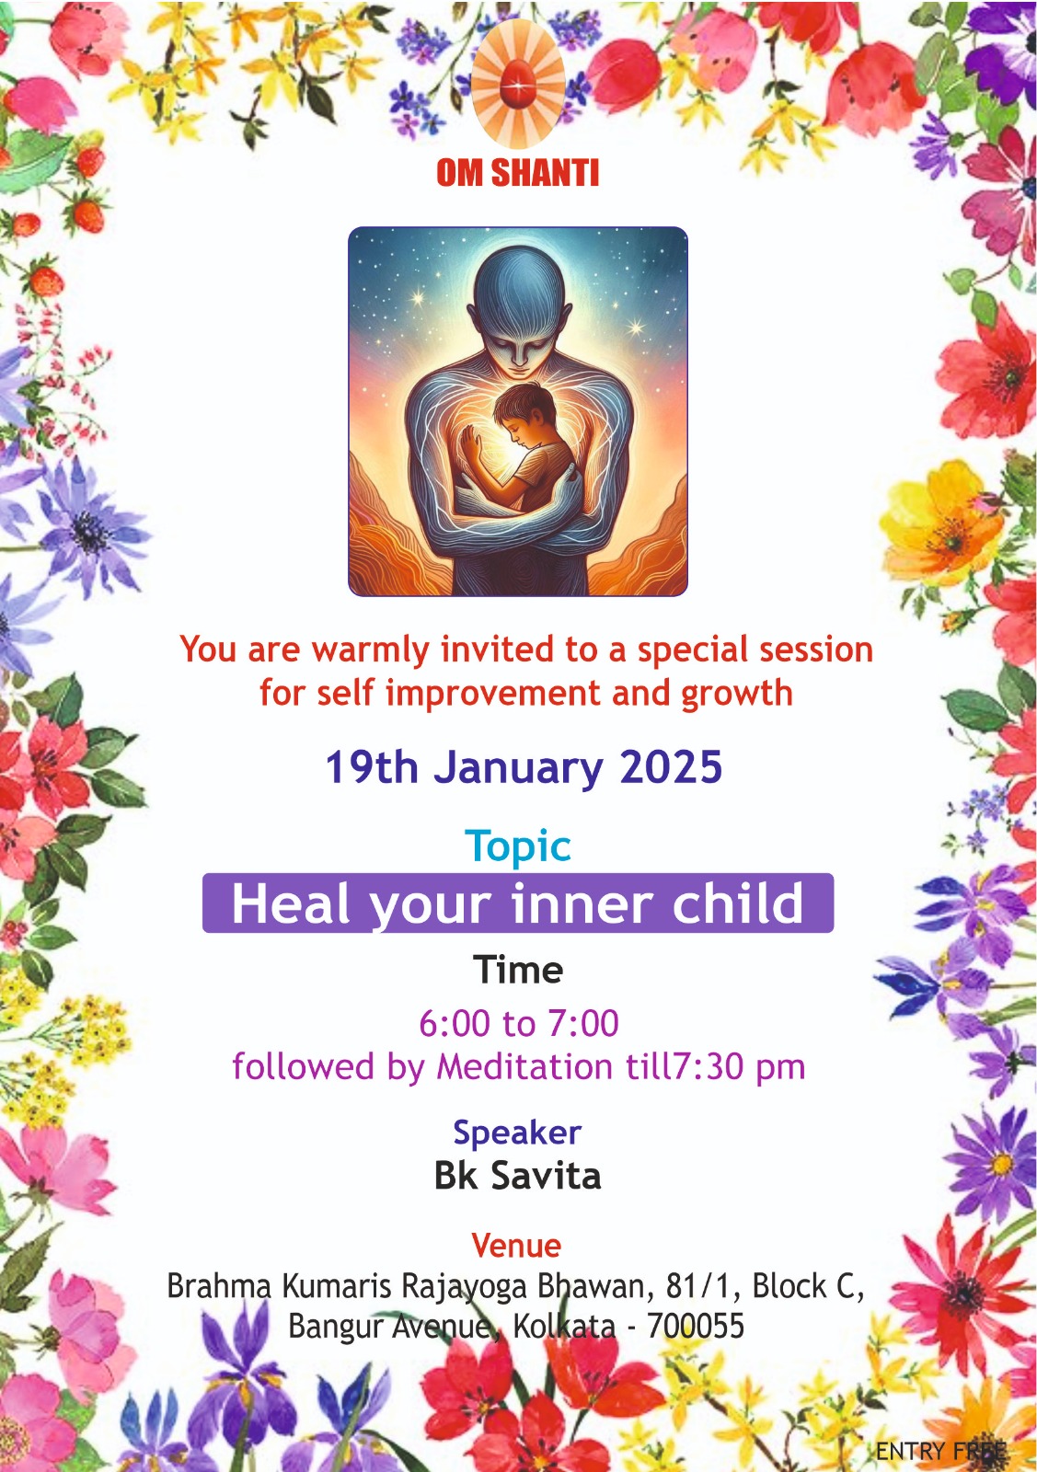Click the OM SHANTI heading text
tap(517, 172)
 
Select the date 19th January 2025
tap(524, 767)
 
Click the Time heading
tap(518, 970)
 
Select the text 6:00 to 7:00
tap(519, 1022)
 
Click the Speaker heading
tap(517, 1133)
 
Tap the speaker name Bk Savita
tap(517, 1175)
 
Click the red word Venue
tap(516, 1245)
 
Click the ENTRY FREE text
tap(941, 1450)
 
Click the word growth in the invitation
tap(737, 694)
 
